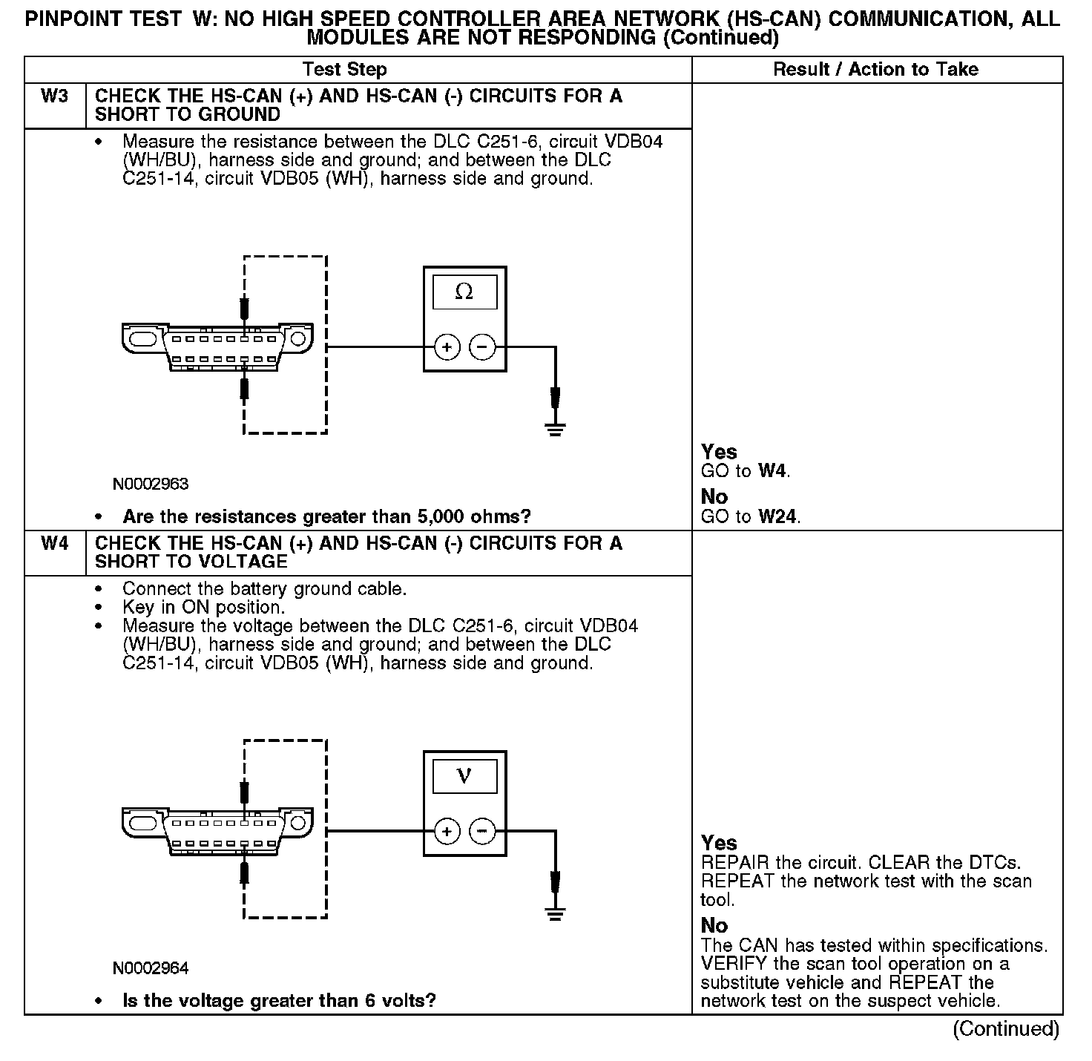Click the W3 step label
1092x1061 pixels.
(55, 96)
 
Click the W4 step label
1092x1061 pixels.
(55, 544)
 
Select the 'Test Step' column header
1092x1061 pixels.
(345, 70)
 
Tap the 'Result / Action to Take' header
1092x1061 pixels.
(875, 70)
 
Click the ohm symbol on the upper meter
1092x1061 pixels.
(464, 292)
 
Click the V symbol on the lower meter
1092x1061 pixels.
(464, 776)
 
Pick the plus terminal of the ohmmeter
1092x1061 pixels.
(447, 346)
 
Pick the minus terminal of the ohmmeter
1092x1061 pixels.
(483, 346)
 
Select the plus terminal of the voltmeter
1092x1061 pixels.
(447, 831)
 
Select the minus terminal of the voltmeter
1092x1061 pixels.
(483, 831)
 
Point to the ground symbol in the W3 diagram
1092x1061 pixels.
(555, 428)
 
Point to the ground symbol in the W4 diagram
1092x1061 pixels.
(555, 912)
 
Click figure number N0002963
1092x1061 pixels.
(151, 484)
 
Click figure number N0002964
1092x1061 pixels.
(151, 968)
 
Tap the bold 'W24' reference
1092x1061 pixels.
(778, 517)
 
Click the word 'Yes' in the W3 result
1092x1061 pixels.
(719, 452)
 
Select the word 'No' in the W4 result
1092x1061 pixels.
(714, 925)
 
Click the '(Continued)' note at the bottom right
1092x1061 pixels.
(1006, 1028)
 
